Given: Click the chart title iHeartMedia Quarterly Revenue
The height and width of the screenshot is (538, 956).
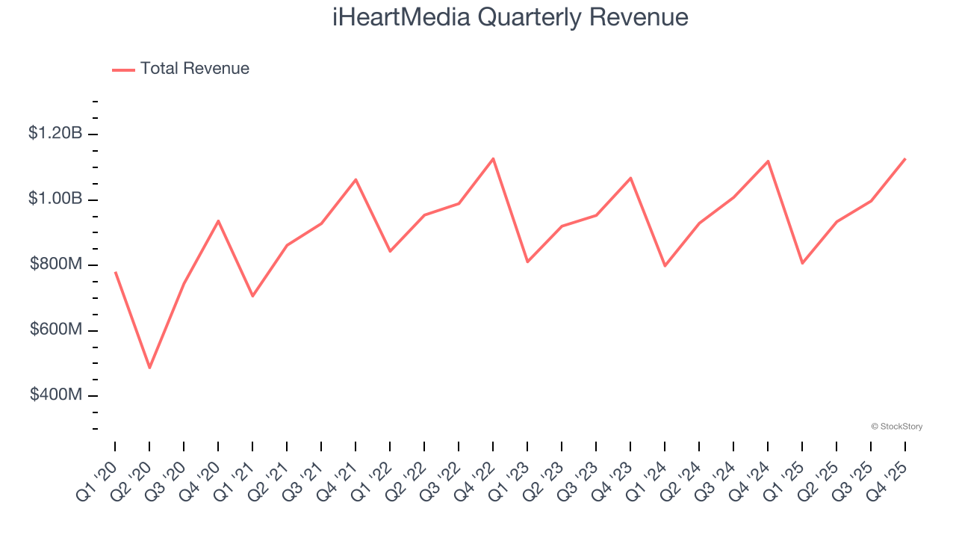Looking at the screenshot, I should coord(510,17).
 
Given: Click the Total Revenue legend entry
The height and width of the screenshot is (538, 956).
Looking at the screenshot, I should coord(181,69).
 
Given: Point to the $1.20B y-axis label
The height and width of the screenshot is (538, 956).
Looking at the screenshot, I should coord(55,134).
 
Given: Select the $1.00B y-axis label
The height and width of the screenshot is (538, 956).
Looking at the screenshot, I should coord(55,199).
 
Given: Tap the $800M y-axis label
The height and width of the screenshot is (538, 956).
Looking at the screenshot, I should coord(56,265).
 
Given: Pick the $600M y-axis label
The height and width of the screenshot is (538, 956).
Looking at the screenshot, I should coord(56,330).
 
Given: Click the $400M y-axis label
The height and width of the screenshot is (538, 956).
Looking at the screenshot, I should coord(56,395).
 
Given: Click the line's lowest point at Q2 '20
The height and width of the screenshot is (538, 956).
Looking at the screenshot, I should coord(149,368).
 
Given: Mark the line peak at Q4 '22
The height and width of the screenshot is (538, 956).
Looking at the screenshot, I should coord(493,158).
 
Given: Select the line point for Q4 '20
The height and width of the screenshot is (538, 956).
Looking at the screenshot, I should coord(218,220).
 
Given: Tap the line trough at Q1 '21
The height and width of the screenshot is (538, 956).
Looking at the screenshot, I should coord(252,296).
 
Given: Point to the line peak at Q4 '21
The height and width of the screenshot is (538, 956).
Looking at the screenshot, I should coord(356,179).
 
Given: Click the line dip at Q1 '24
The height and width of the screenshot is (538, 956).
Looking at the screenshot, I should coord(665,265).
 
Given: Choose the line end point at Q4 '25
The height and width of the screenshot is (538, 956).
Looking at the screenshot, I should coord(905,158).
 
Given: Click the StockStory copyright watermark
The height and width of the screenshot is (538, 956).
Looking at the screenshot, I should coord(896,427).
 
